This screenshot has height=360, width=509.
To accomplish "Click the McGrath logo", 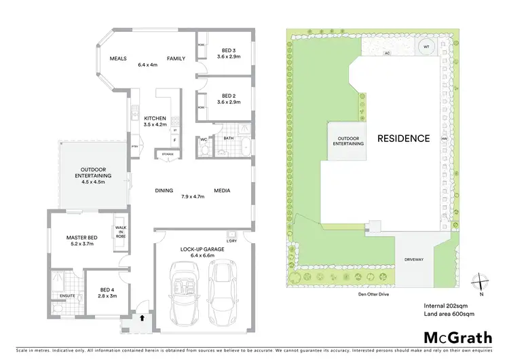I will pos(457,337).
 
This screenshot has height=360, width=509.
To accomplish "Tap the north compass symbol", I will pos(480,281).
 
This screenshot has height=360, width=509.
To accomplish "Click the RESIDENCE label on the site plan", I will pos(404,138).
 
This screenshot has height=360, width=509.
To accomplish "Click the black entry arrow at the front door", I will pos(142,317).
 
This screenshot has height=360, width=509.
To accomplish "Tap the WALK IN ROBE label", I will pos(121,232).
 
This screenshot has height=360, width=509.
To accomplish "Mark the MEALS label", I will pos(119,58).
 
